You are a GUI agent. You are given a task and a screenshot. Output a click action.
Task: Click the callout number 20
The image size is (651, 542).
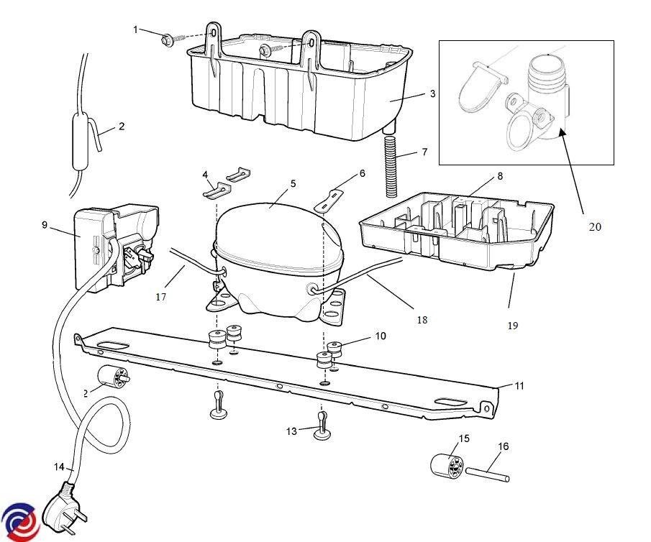click(594, 226)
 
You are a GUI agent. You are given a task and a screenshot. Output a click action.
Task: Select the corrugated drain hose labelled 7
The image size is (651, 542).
click(391, 165)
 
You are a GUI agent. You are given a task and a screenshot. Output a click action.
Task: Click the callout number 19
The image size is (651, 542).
click(512, 326)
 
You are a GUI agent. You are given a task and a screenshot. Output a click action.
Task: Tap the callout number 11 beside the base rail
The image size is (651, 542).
click(519, 386)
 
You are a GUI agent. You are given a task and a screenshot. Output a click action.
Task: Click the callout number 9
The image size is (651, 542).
click(45, 224)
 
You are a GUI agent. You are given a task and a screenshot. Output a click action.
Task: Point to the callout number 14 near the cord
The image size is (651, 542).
click(60, 467)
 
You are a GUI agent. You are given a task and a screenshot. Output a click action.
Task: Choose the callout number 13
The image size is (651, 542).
click(291, 431)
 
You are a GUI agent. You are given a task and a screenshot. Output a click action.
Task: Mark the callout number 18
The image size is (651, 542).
click(422, 319)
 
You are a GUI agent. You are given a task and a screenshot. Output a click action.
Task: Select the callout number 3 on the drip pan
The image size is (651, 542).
click(433, 93)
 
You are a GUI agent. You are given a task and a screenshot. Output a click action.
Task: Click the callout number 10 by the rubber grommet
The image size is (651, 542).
click(381, 336)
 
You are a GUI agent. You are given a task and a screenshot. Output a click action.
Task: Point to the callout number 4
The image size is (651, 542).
click(205, 174)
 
